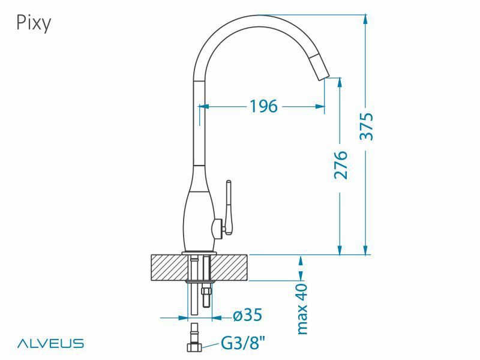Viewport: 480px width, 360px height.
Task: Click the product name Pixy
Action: tap(33, 23)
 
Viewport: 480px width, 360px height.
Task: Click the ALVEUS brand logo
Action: tap(50, 344)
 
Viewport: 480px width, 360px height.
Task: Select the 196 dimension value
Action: tap(263, 106)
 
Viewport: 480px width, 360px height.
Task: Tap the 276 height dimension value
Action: tap(341, 164)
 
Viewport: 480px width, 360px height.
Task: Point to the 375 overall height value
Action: tap(366, 126)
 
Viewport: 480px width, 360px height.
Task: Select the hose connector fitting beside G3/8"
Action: tap(196, 340)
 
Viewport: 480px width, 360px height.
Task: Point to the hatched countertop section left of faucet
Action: tap(168, 268)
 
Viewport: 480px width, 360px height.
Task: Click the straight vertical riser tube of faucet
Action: tap(199, 120)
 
